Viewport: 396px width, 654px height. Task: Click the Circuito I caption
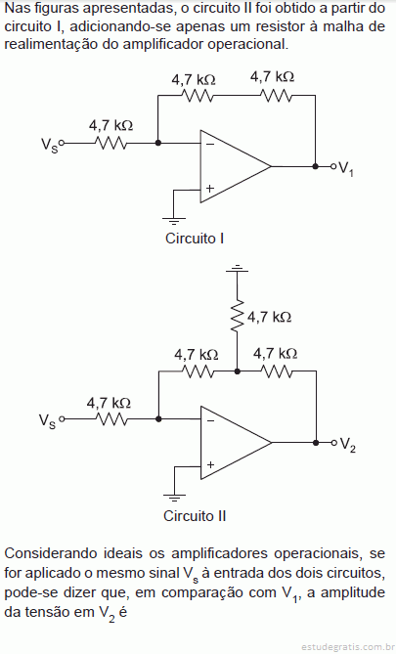coord(195,239)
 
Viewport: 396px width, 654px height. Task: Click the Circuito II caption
coord(195,516)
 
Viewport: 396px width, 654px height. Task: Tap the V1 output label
coord(346,168)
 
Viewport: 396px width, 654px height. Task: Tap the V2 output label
coord(347,445)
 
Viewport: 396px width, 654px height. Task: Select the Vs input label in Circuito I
coord(49,145)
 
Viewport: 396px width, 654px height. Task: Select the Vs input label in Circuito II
coord(47,420)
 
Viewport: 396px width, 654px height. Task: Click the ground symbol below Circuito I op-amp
coord(174,221)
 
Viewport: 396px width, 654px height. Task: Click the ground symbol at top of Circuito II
coord(237,268)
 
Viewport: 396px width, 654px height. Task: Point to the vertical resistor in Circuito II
coord(237,315)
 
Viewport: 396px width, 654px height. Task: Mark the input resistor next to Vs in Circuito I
coord(111,143)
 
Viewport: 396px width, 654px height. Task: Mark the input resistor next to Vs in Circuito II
coord(111,418)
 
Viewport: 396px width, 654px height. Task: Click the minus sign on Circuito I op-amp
coord(210,145)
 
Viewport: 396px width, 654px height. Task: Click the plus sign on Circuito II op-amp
coord(211,464)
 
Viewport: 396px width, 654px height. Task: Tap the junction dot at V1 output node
coord(316,166)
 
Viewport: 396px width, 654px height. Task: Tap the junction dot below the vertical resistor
coord(237,371)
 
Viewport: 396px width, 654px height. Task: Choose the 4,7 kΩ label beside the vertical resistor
coord(269,318)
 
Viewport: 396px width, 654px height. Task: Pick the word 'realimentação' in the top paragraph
coord(51,44)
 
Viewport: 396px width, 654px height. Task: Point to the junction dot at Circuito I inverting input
coord(158,143)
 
